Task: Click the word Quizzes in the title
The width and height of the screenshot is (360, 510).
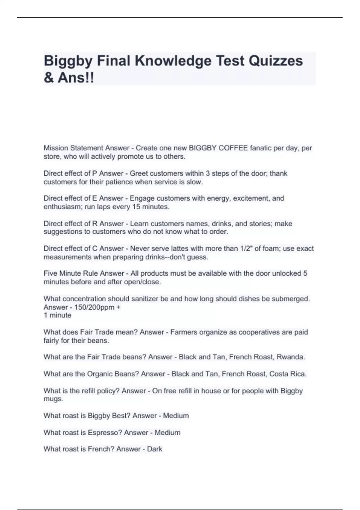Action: click(276, 61)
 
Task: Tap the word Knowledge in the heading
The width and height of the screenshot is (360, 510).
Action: click(173, 61)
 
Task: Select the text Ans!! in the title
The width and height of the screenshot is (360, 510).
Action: click(76, 78)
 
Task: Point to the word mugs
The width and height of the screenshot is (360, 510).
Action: click(53, 399)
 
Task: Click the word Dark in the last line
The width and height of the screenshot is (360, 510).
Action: click(154, 449)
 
